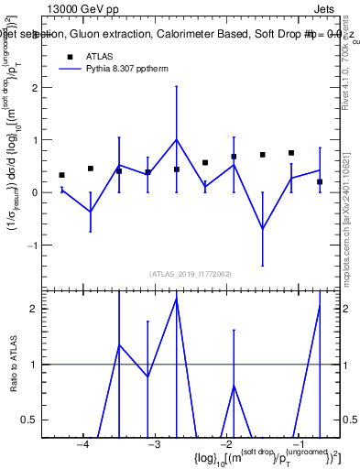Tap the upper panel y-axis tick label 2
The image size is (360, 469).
(x=34, y=88)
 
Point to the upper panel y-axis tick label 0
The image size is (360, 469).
(x=34, y=192)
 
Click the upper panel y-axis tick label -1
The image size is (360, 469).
(x=32, y=245)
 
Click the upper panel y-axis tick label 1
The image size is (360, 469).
(x=34, y=140)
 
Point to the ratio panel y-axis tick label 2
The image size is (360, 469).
(x=34, y=309)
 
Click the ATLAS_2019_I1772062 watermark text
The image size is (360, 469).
(x=191, y=274)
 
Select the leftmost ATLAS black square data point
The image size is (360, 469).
(x=61, y=175)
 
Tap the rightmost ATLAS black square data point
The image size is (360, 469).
(x=320, y=181)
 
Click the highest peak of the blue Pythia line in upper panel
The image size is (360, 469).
(x=177, y=140)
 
